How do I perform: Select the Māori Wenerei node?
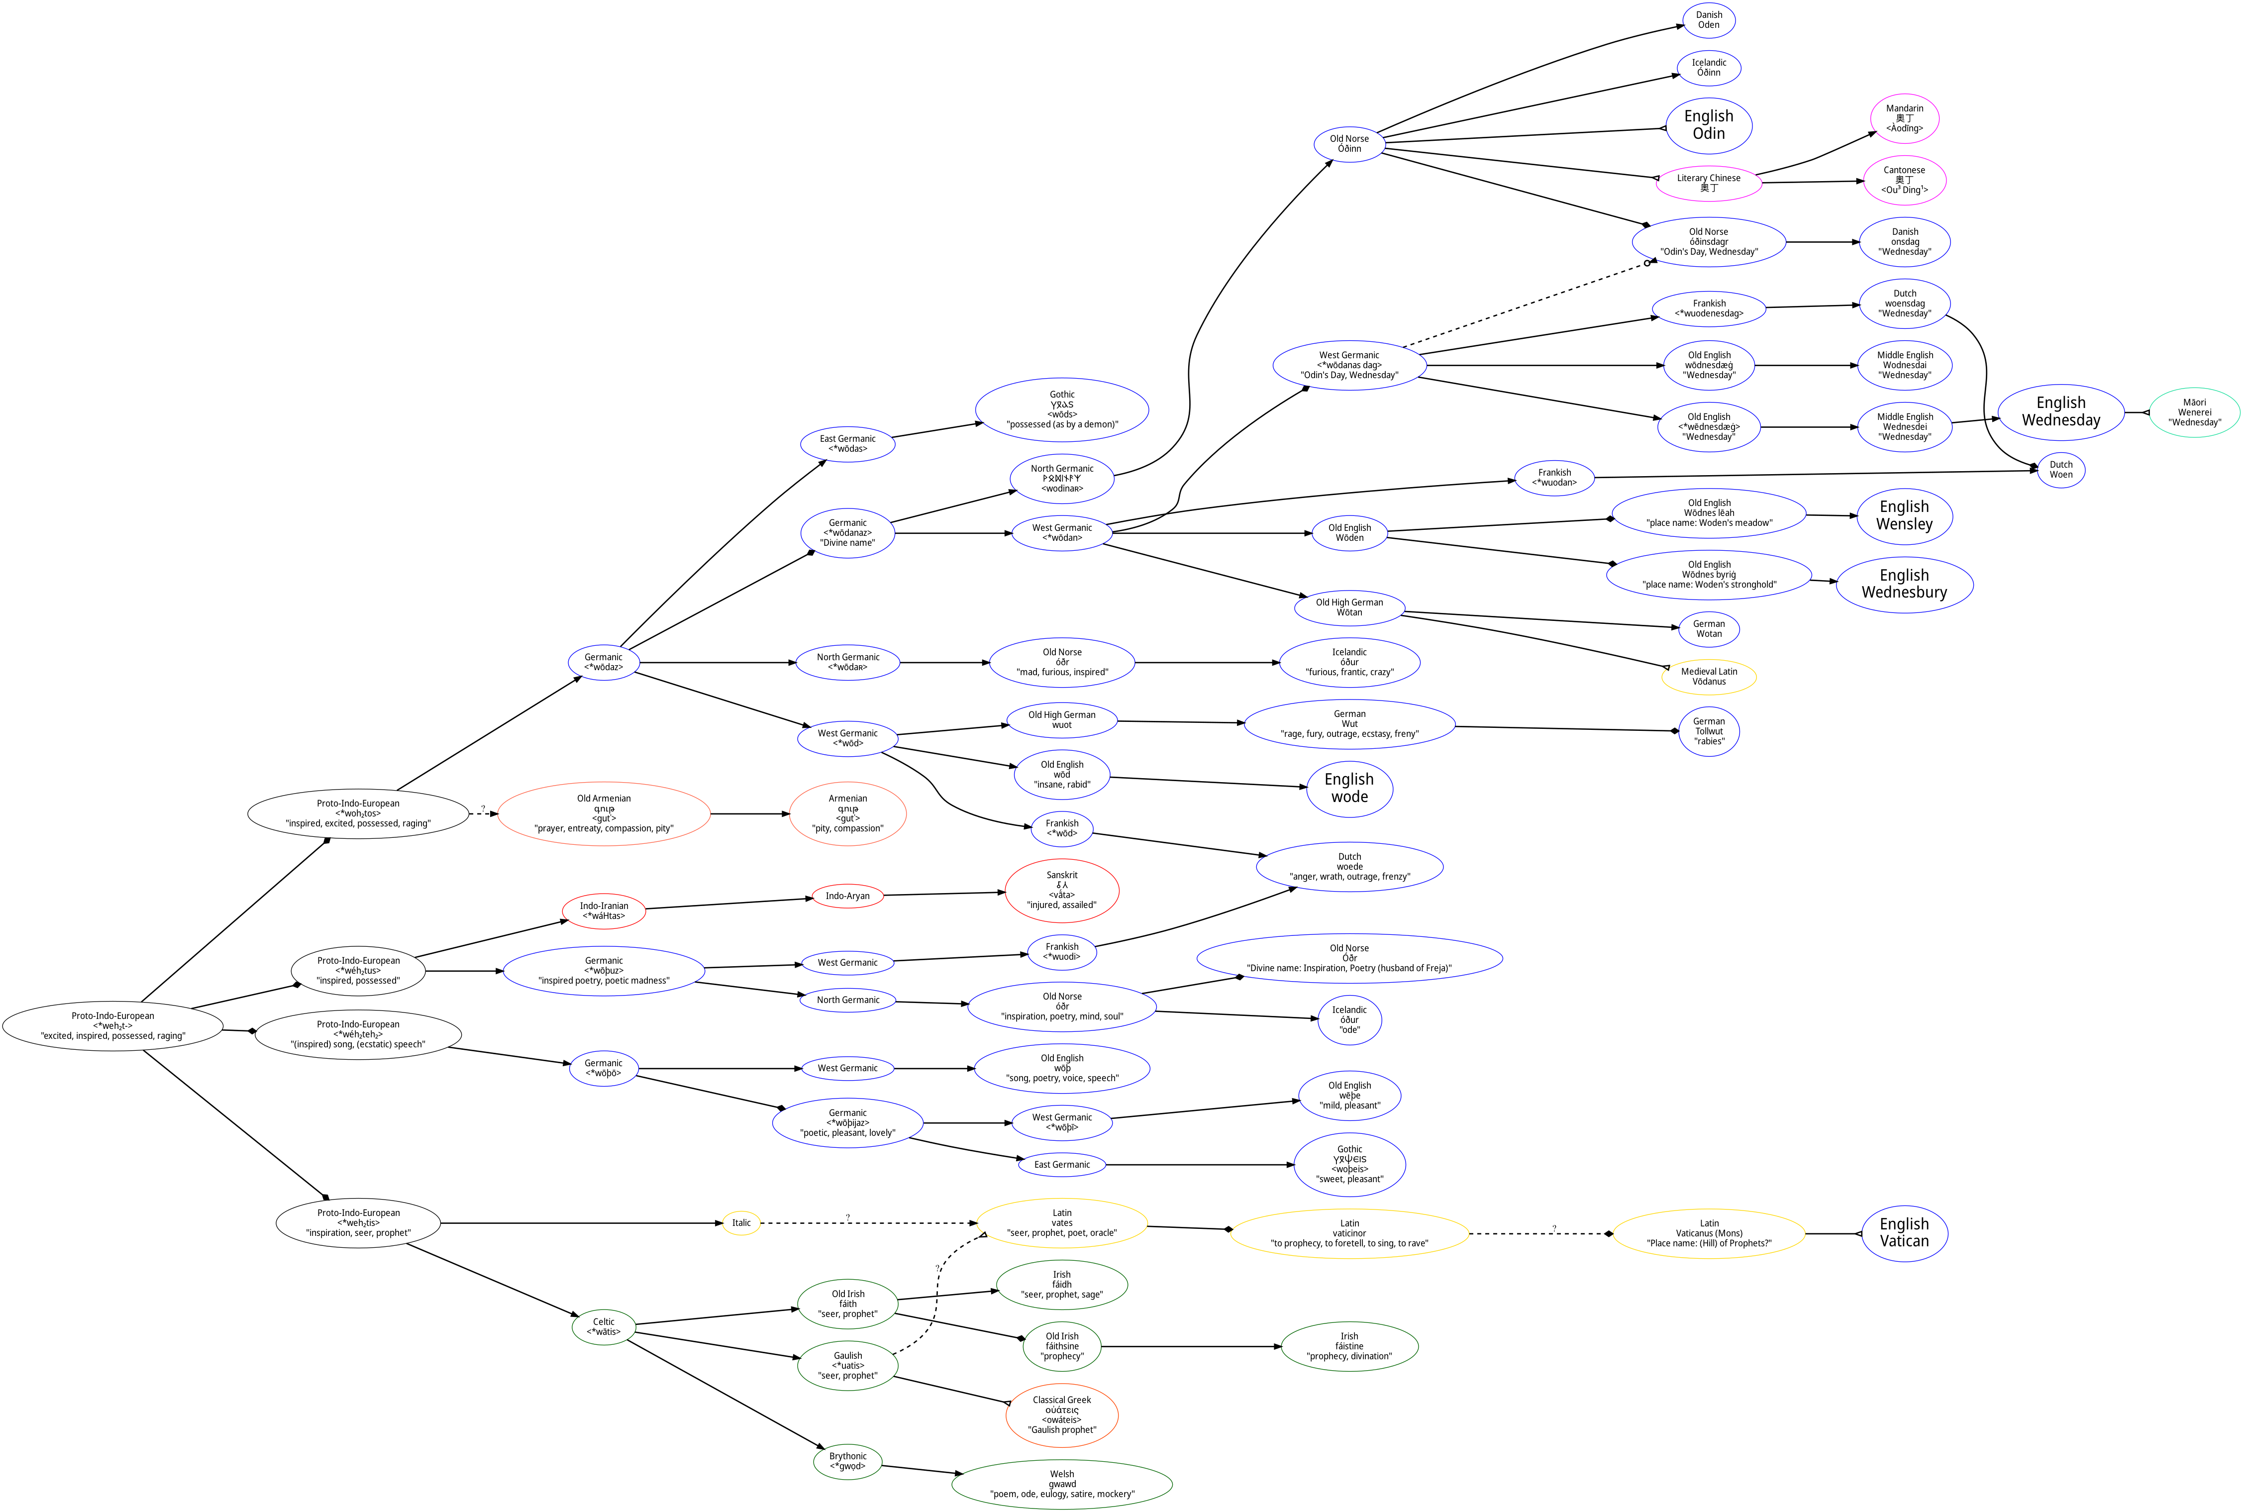(2194, 413)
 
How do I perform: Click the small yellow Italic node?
(740, 1223)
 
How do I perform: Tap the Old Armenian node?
(604, 814)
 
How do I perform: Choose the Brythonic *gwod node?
(848, 1461)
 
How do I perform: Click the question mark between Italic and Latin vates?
(848, 1217)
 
